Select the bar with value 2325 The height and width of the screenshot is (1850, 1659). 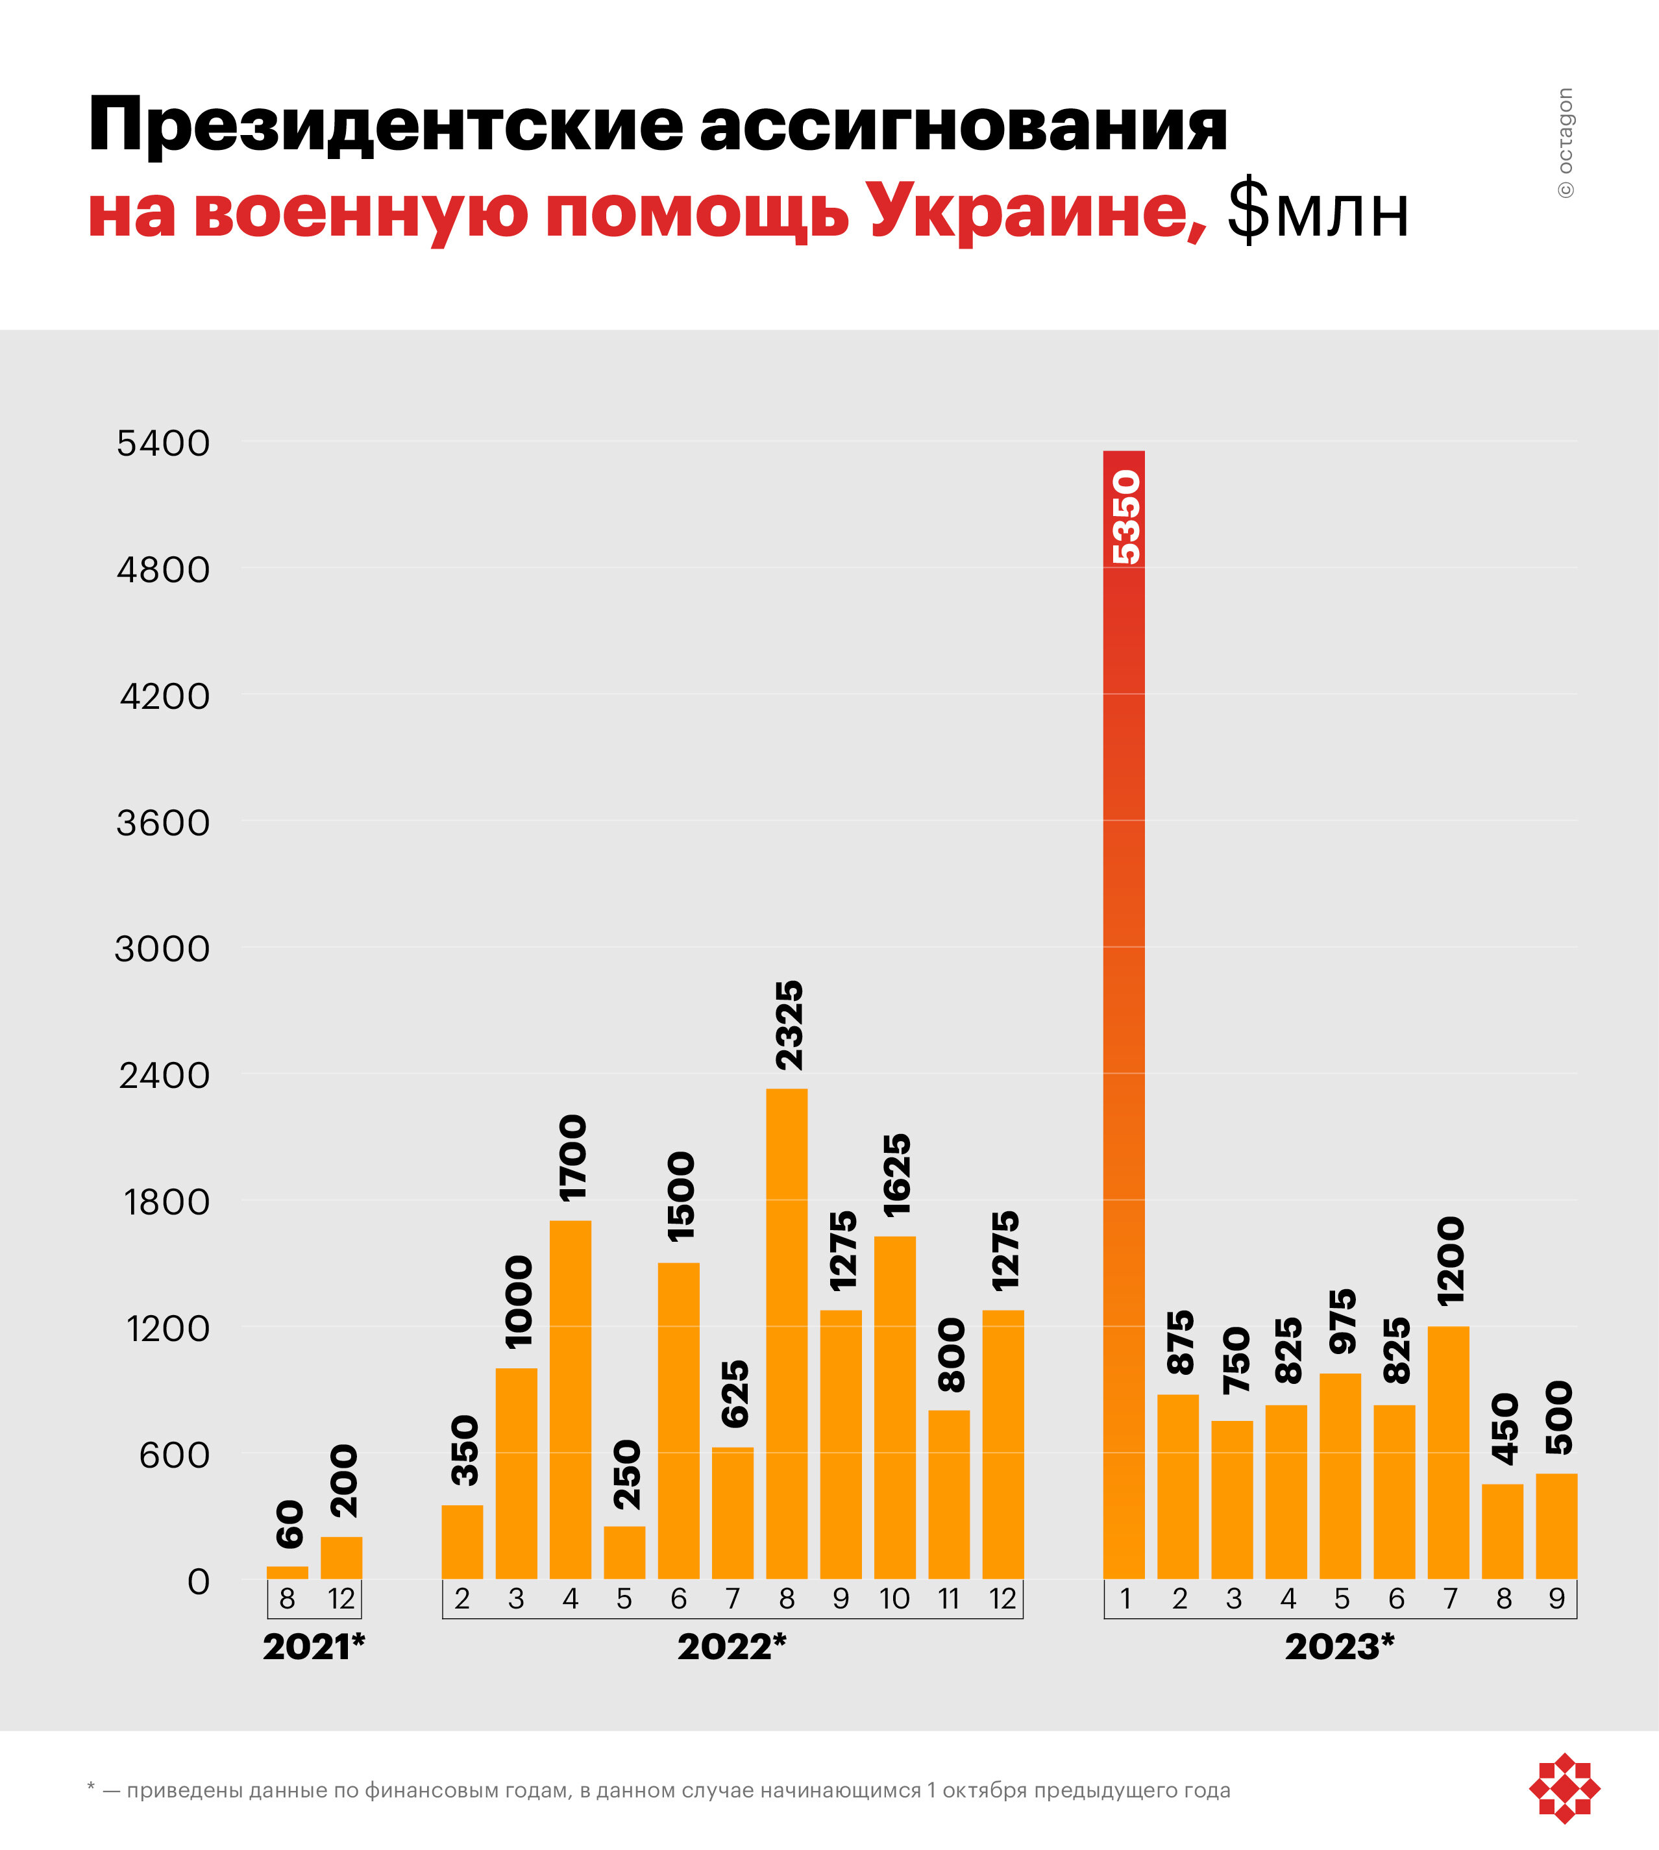pos(787,1333)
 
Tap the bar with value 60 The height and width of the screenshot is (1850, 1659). pos(287,1572)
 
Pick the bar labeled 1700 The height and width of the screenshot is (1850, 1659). pos(571,1399)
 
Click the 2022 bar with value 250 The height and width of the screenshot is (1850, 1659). pos(624,1552)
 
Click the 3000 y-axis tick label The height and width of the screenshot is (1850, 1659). pos(162,949)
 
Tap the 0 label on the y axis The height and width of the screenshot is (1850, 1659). pos(199,1581)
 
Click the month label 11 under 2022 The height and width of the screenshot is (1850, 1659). pos(948,1598)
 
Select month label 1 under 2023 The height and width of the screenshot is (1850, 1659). pos(1125,1598)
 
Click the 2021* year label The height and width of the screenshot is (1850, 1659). pos(313,1647)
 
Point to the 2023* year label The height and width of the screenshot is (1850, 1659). pos(1340,1647)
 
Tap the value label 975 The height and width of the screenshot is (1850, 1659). pos(1342,1321)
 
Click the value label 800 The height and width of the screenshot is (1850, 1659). pos(951,1354)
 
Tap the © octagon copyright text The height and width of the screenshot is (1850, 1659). pos(1565,143)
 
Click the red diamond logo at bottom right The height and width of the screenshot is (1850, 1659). pos(1564,1788)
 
